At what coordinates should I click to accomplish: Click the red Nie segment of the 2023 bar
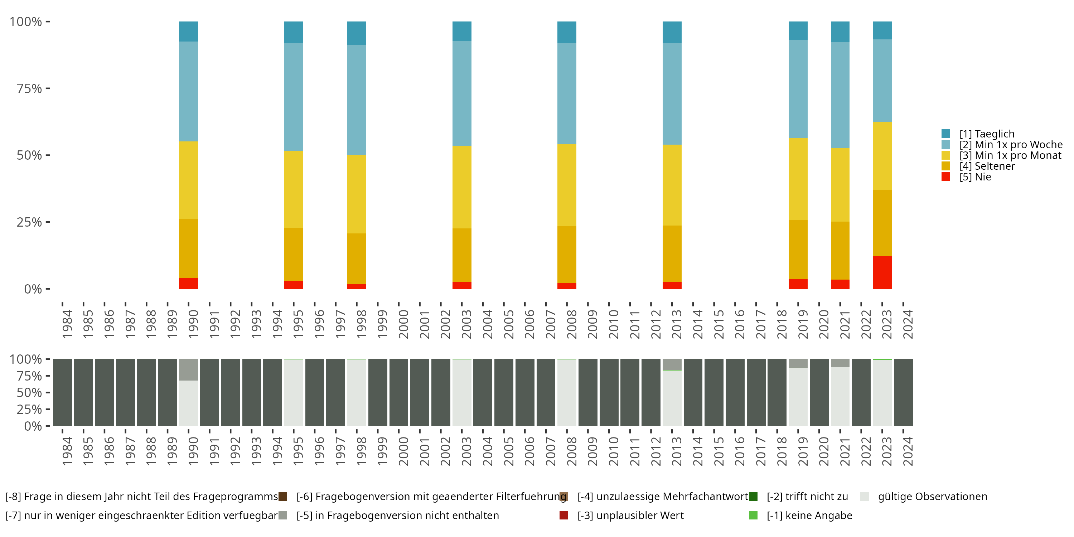[882, 272]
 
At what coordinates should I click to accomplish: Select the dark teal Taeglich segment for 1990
[188, 31]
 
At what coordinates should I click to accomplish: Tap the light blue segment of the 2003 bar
[461, 93]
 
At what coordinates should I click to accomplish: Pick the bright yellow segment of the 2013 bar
[672, 185]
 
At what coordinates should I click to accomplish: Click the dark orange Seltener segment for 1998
[357, 258]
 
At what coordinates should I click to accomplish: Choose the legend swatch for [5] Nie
[945, 177]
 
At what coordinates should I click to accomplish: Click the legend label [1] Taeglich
[986, 134]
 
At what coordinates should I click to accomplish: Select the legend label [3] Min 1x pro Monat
[1010, 155]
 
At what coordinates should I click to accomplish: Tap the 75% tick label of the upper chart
[29, 88]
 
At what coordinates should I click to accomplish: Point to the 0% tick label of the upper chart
[33, 289]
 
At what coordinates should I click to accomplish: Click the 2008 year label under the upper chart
[571, 324]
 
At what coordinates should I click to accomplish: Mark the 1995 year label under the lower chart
[298, 451]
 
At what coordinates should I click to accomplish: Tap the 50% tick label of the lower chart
[29, 392]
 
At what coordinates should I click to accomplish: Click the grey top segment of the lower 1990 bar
[188, 369]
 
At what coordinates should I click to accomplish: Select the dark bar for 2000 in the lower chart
[398, 392]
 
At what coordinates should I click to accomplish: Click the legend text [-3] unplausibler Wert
[630, 515]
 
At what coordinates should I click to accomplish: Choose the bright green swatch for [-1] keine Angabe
[753, 515]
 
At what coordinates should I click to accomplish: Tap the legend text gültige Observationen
[932, 497]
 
